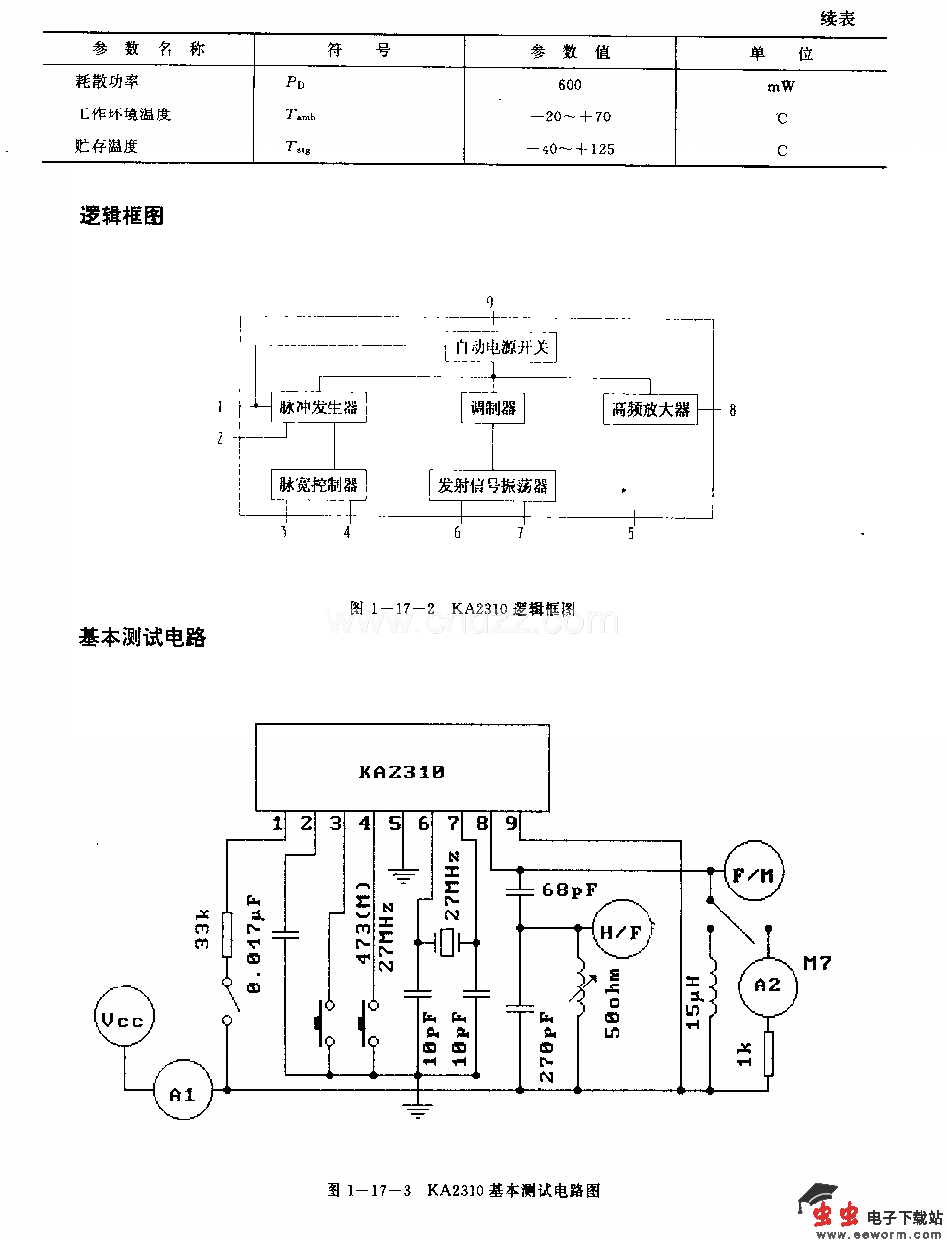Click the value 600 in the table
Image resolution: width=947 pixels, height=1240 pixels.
coord(569,85)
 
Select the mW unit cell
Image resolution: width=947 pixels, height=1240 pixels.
coord(780,87)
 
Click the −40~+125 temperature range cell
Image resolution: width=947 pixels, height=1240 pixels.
coord(570,149)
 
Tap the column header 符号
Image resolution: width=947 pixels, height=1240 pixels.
coord(359,50)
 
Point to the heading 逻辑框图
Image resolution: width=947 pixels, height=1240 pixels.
coord(121,216)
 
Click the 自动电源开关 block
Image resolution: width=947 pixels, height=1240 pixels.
coord(501,347)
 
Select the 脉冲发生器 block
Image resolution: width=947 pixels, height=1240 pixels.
coord(319,407)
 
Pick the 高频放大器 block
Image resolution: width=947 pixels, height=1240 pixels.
coord(650,409)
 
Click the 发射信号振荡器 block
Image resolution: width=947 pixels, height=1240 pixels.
coord(492,485)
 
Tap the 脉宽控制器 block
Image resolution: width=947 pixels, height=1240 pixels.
coord(318,484)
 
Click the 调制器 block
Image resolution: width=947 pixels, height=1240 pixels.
coord(492,408)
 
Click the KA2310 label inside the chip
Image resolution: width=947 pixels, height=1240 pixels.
coord(401,772)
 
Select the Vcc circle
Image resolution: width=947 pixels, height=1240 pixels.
coord(123,1020)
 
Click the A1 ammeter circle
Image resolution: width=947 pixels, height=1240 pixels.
coord(182,1093)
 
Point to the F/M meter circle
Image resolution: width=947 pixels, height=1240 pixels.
coord(754,874)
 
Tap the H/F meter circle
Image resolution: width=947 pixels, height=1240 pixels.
coord(620,932)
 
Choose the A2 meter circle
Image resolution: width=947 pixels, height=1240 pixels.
coord(766,985)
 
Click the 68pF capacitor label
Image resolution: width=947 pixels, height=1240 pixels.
coord(569,890)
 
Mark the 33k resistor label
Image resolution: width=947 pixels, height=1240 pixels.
coord(202,929)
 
